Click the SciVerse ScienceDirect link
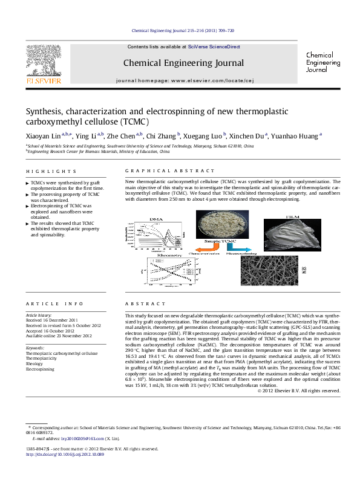point(214,47)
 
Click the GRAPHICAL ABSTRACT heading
point(169,172)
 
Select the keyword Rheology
point(35,364)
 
